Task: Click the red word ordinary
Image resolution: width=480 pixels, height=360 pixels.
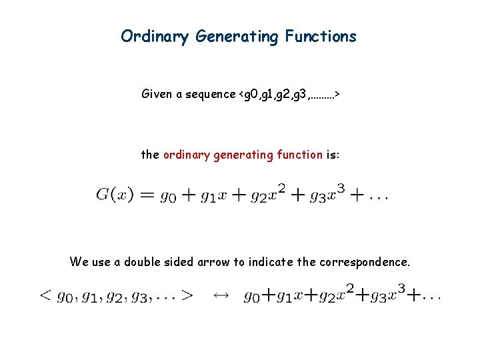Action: click(x=185, y=155)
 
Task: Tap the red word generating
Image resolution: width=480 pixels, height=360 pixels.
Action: click(x=241, y=155)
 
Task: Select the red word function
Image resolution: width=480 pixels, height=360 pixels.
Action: click(x=299, y=155)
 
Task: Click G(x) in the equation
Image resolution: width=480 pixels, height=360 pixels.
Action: click(x=115, y=195)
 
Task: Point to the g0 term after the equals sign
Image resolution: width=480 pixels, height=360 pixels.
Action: click(x=168, y=196)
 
